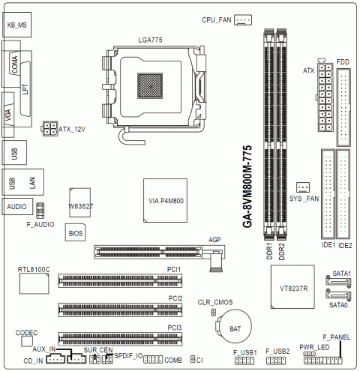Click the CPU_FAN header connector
tap(243, 19)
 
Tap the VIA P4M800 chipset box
tap(165, 200)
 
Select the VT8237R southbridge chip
tap(292, 287)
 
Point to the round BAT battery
tap(234, 326)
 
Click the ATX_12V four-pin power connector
tap(49, 129)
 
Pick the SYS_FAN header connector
tap(303, 187)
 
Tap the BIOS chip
tap(75, 232)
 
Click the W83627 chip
tap(80, 202)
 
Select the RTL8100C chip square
tap(34, 283)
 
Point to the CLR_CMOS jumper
tap(214, 313)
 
